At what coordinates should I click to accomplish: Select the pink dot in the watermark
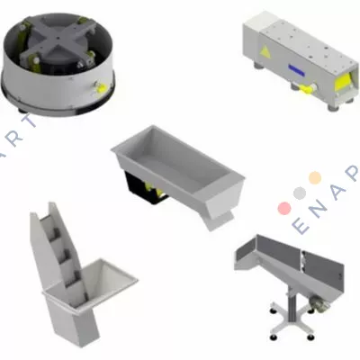tap(284, 208)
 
